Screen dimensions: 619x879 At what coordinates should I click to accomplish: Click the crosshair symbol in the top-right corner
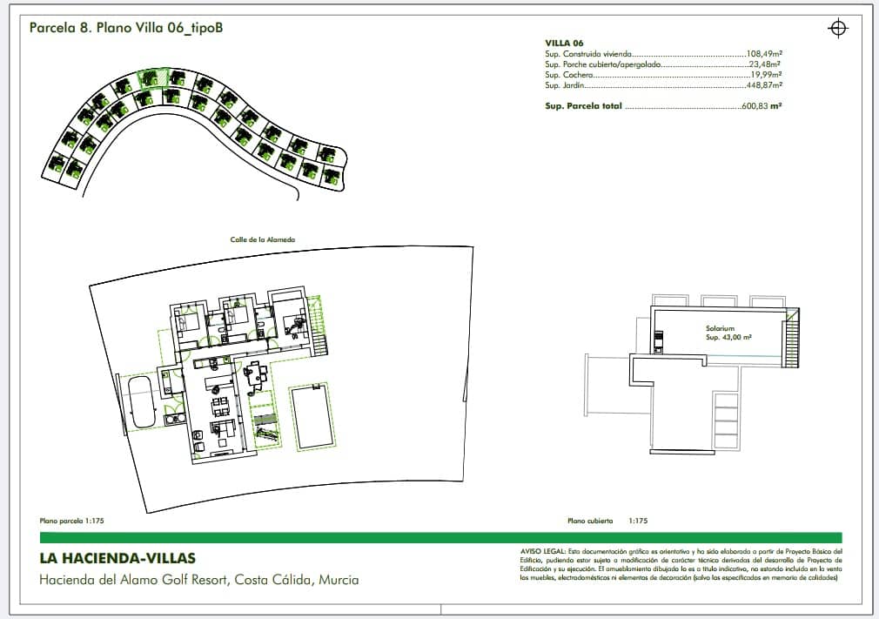(x=838, y=28)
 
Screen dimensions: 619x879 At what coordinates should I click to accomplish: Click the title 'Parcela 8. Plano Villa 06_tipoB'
(x=126, y=27)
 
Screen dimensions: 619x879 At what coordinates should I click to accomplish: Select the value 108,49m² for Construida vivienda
(x=763, y=53)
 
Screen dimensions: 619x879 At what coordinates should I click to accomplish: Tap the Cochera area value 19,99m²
(x=765, y=74)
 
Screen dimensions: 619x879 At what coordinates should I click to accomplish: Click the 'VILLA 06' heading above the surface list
(x=564, y=43)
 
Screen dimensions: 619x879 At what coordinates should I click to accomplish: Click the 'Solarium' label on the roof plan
(x=721, y=328)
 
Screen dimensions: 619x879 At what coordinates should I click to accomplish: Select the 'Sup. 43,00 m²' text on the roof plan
(x=728, y=336)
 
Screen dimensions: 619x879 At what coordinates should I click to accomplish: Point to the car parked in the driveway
(x=140, y=401)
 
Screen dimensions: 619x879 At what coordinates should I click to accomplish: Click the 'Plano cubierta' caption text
(x=590, y=521)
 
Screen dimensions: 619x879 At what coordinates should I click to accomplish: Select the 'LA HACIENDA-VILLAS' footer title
(x=117, y=558)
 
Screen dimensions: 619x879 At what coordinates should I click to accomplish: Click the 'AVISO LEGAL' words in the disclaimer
(x=537, y=552)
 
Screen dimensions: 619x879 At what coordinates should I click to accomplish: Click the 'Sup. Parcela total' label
(x=583, y=105)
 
